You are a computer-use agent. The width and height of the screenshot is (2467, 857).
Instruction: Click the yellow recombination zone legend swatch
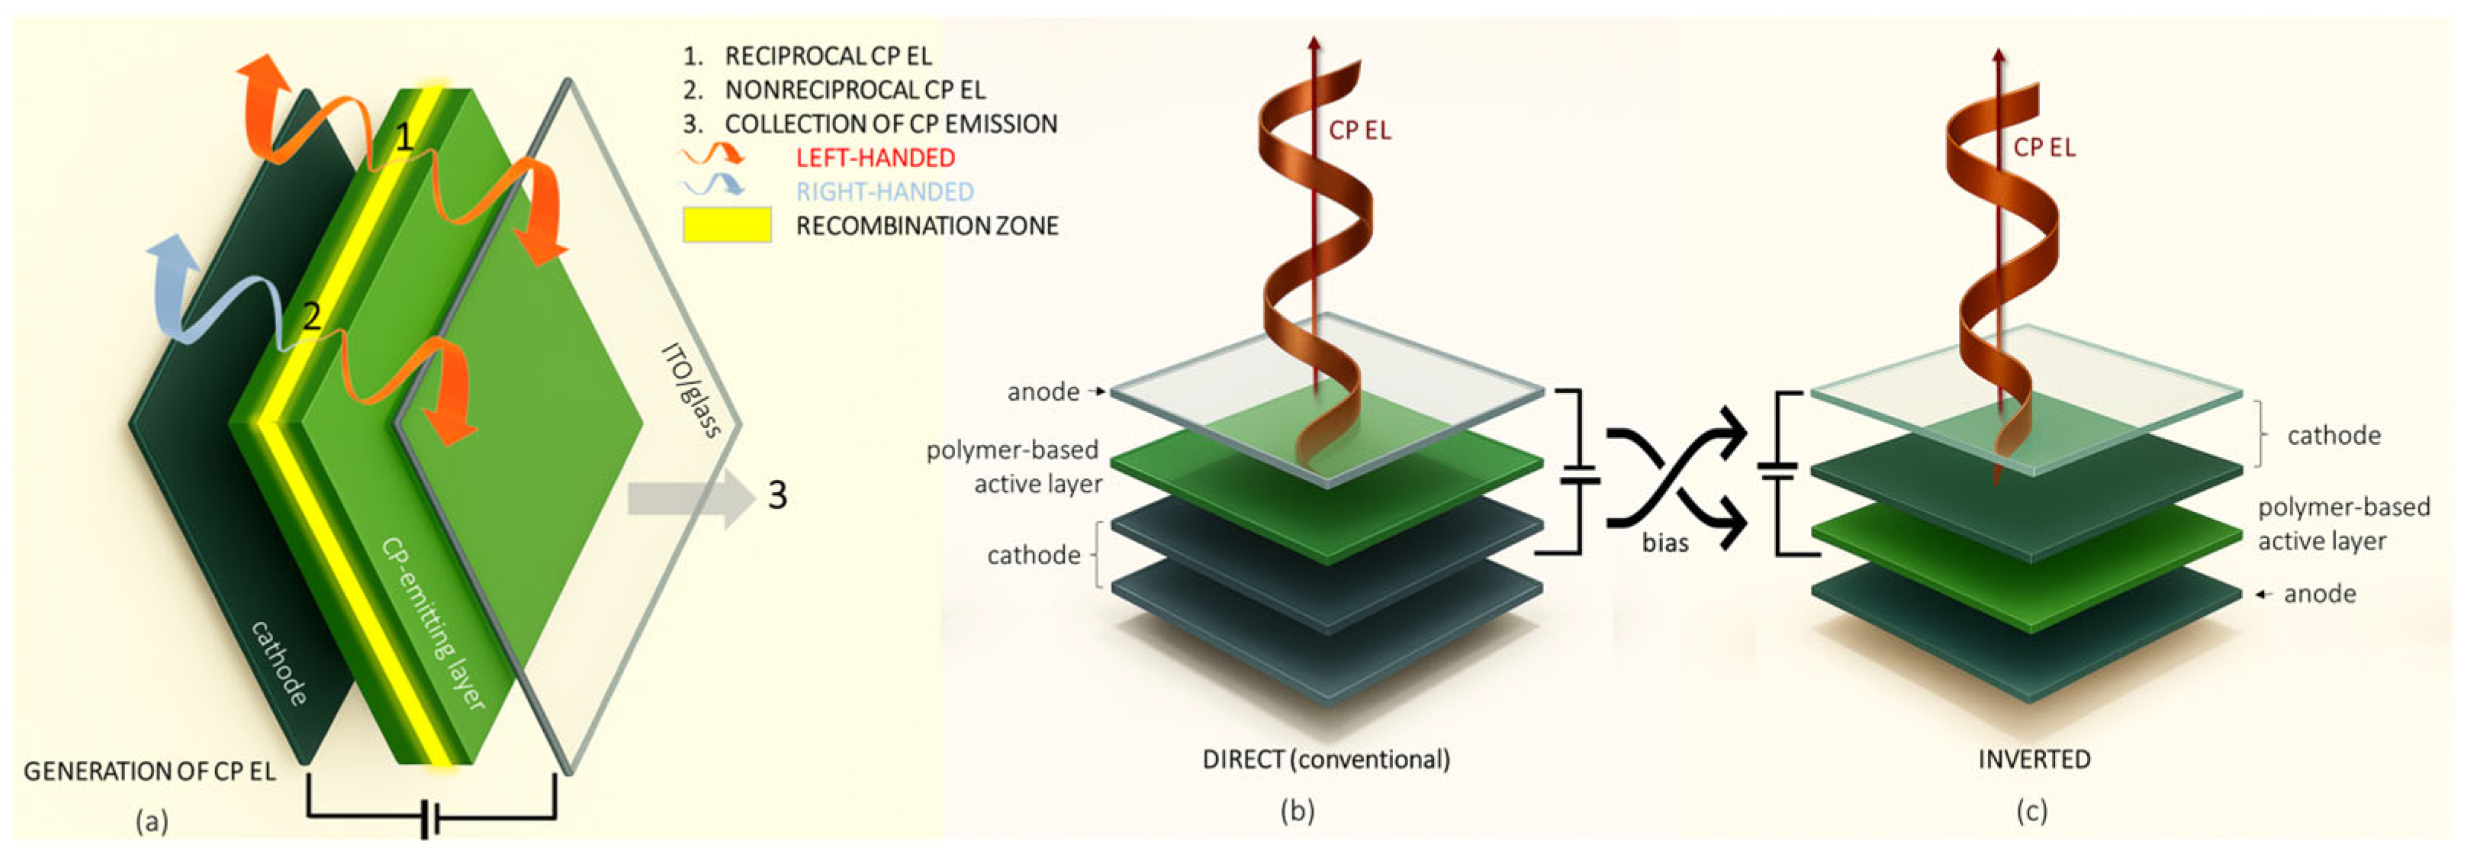(726, 225)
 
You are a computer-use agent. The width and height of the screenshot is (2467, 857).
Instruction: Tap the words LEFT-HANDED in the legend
(875, 158)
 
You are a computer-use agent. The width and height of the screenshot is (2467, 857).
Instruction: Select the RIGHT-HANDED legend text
(885, 192)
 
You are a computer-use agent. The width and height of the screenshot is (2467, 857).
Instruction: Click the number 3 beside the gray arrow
(777, 495)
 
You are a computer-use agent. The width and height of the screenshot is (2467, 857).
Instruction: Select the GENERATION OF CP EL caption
(150, 772)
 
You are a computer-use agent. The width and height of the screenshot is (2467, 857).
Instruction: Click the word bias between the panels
(1665, 543)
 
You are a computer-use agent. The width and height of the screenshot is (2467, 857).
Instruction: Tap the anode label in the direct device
(1043, 391)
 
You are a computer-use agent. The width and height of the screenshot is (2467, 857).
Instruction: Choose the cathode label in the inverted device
(2334, 436)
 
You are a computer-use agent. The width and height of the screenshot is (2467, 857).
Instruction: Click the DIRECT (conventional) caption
(1327, 759)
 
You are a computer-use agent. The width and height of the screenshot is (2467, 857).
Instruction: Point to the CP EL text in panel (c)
(2044, 147)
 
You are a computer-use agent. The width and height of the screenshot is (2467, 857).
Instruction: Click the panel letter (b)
(1298, 811)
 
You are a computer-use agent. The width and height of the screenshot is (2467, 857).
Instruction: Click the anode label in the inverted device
(2320, 594)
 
